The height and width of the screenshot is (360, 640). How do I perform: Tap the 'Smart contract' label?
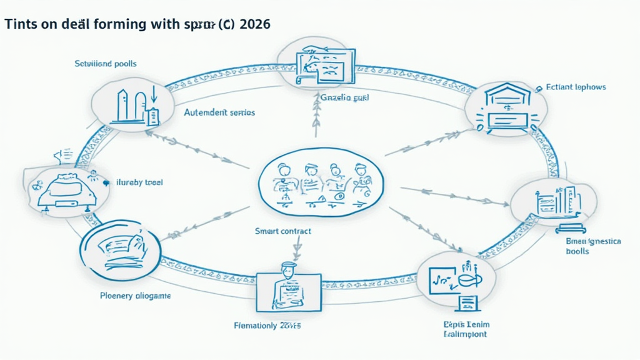pyautogui.click(x=283, y=231)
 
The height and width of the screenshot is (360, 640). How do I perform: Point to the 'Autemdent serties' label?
pyautogui.click(x=219, y=113)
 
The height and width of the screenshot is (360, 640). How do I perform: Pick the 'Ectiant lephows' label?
pyautogui.click(x=576, y=87)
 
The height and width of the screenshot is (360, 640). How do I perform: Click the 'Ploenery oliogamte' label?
pyautogui.click(x=136, y=295)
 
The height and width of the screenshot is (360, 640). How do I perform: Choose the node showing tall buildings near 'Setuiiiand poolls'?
pyautogui.click(x=132, y=103)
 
